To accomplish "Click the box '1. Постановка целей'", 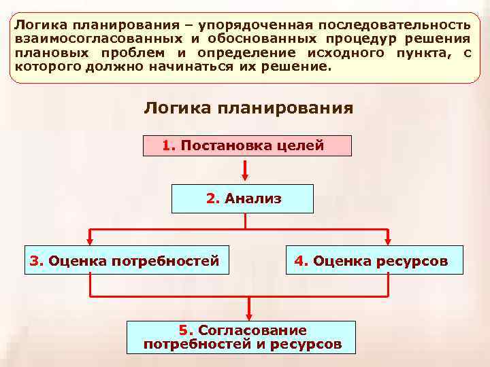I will point(247,146).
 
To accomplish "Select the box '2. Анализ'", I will point(243,198).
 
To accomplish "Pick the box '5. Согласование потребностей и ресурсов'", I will point(242,337).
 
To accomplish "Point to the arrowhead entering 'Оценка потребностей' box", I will point(91,240).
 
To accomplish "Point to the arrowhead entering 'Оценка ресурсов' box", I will point(389,240).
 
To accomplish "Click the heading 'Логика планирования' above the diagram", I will point(248,109).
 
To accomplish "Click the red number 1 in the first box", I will point(169,146).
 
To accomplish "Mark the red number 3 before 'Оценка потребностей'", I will point(35,260).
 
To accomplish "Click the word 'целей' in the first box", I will point(306,146).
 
